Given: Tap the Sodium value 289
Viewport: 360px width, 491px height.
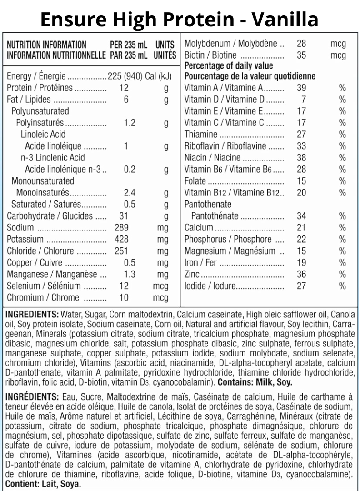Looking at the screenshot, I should [121, 227].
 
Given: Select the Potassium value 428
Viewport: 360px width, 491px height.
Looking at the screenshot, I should [121, 239].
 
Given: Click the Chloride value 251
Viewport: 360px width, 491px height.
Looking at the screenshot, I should [121, 251].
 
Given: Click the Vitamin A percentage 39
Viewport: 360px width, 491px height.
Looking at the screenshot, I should [301, 88].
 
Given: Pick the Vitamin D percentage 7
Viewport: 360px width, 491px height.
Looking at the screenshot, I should [303, 99].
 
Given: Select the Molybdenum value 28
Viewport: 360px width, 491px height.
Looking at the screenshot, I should [301, 44].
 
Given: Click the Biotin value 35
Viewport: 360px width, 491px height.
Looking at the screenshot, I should [301, 56].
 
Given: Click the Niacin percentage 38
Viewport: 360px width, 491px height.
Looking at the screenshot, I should [301, 157].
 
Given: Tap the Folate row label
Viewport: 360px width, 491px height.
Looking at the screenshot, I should [195, 181].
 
